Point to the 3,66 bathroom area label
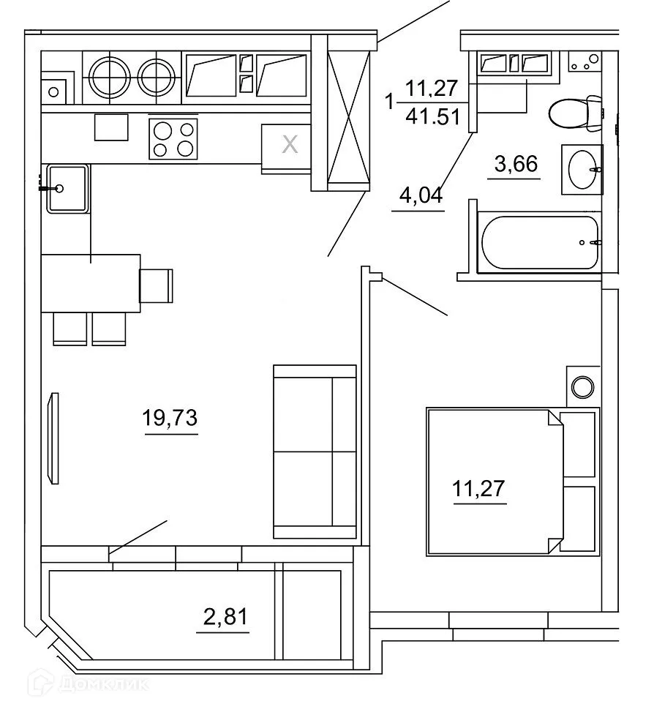tap(516, 164)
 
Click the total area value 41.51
tap(431, 116)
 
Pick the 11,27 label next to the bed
tap(479, 488)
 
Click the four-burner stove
tap(173, 139)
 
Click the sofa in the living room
tap(314, 452)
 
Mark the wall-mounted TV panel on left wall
tap(52, 438)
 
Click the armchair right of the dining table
tap(157, 285)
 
